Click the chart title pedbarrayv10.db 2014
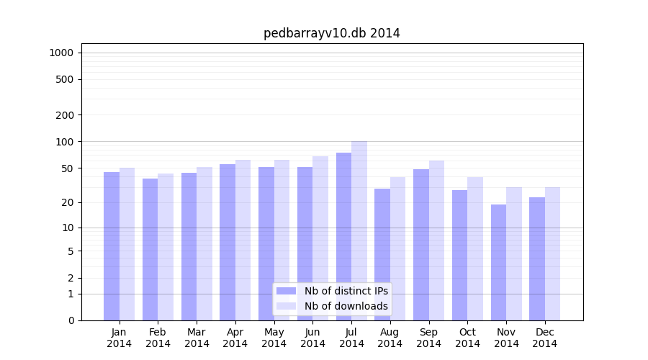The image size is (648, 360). [x=331, y=33]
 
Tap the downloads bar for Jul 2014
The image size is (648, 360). [x=359, y=230]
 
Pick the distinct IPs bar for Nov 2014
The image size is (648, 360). [x=498, y=263]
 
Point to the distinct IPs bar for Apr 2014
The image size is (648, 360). [x=228, y=242]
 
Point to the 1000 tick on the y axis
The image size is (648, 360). [x=61, y=53]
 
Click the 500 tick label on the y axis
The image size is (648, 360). [x=65, y=79]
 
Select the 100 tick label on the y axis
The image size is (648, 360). [x=65, y=142]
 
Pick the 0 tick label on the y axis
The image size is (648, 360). [x=71, y=320]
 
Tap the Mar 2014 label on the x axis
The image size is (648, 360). [x=197, y=338]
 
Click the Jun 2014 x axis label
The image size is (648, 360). [x=312, y=338]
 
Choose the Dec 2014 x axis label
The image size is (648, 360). [x=545, y=338]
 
